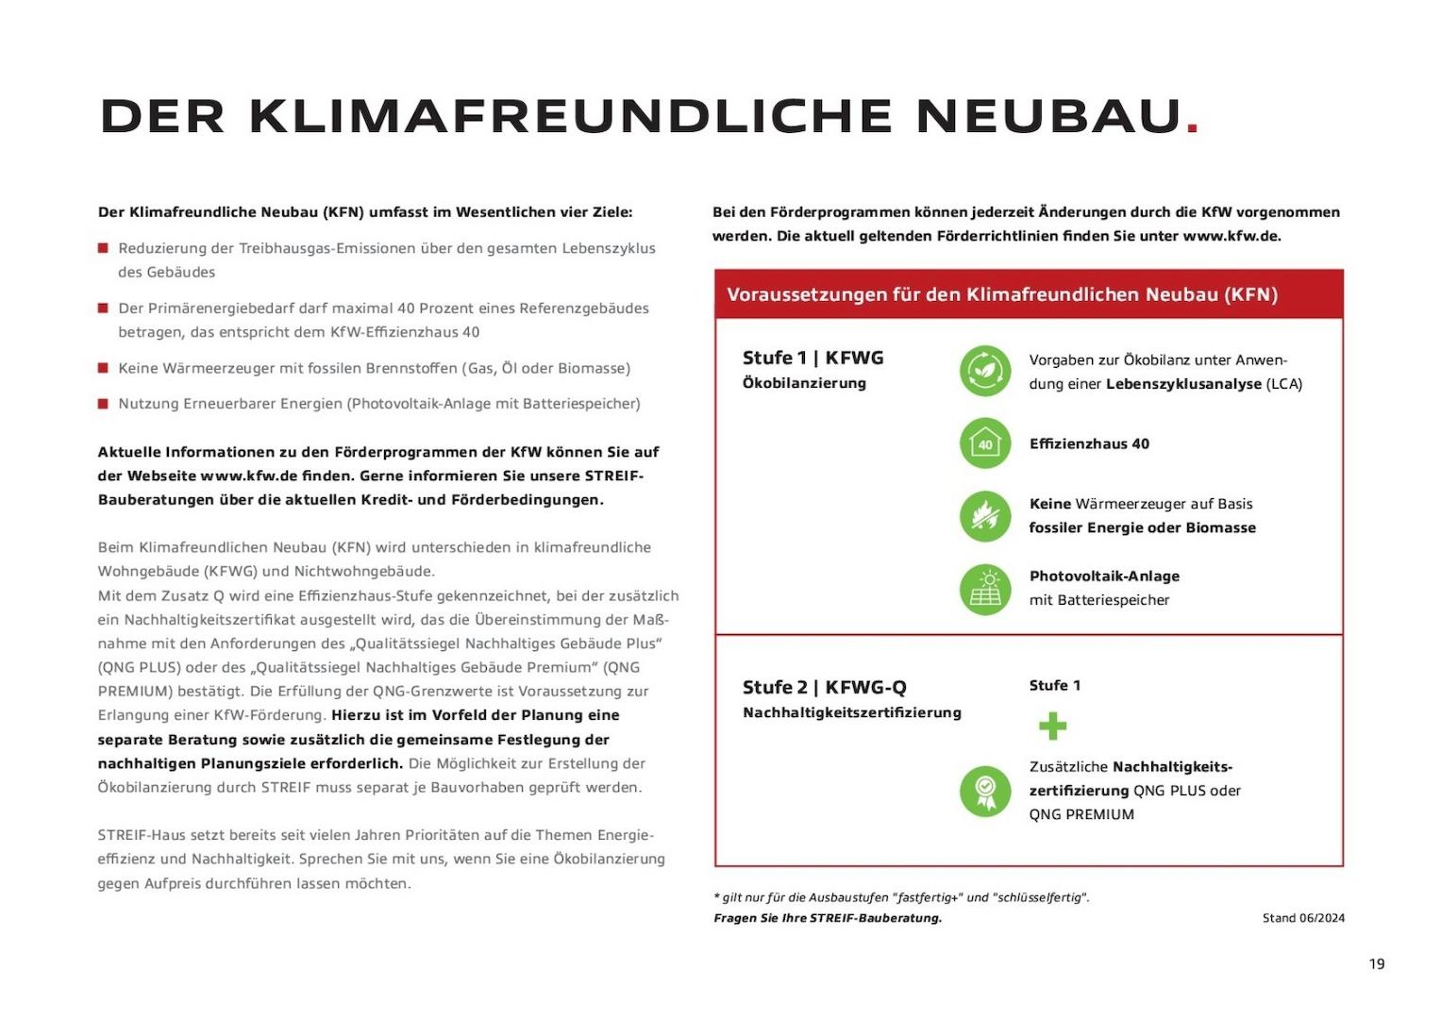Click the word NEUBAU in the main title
click(1048, 116)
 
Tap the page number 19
click(1376, 963)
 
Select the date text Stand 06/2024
click(1303, 918)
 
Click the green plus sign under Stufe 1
click(1052, 726)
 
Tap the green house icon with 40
click(985, 443)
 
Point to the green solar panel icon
click(985, 589)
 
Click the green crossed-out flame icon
click(985, 516)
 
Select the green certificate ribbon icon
click(985, 791)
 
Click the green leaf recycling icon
click(985, 371)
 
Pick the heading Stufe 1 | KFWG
click(813, 358)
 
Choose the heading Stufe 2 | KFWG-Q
click(824, 687)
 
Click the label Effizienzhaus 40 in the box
click(1089, 443)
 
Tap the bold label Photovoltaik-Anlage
click(1104, 576)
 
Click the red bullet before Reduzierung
click(103, 248)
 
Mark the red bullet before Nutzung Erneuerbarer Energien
click(103, 404)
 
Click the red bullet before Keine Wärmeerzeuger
click(103, 368)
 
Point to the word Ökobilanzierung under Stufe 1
click(804, 383)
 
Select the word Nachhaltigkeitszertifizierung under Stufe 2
click(851, 712)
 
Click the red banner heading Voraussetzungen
click(1001, 294)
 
